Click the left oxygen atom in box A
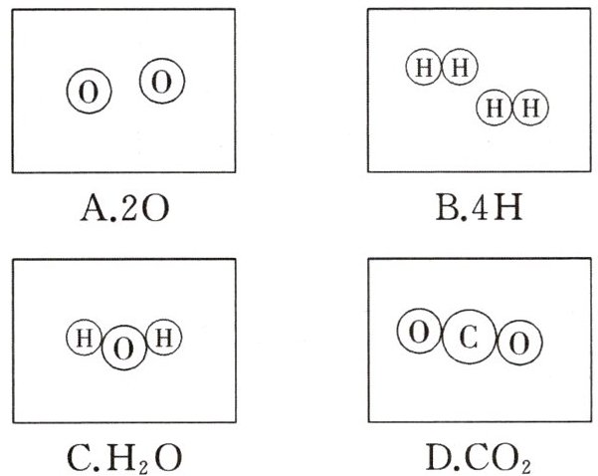pyautogui.click(x=89, y=93)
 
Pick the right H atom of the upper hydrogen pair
pyautogui.click(x=459, y=68)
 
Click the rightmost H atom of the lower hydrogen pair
pyautogui.click(x=530, y=106)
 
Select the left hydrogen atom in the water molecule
pyautogui.click(x=86, y=339)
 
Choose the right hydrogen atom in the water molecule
pyautogui.click(x=164, y=339)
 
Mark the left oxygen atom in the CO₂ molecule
pyautogui.click(x=420, y=333)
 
